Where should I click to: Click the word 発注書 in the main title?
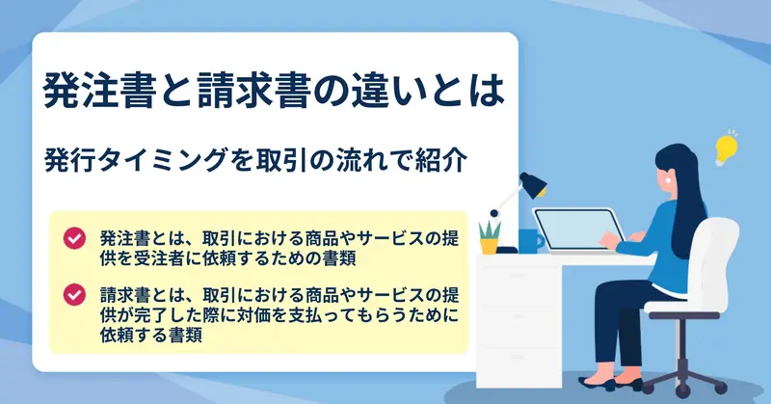tap(100, 90)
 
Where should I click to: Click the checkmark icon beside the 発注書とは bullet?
tap(74, 238)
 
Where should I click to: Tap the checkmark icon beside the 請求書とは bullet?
tap(74, 295)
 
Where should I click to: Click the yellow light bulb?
tap(726, 148)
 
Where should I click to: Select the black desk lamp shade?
tap(534, 185)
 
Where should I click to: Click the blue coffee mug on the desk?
tap(531, 241)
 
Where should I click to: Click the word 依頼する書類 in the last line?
tap(151, 336)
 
